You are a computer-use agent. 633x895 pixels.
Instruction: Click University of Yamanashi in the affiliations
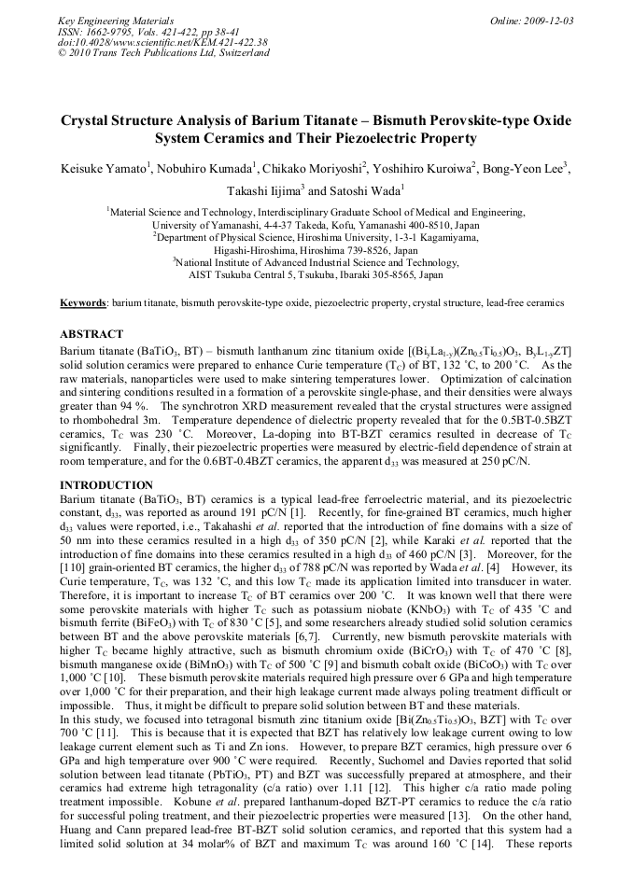click(204, 226)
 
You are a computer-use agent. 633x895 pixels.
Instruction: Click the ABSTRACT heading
click(91, 334)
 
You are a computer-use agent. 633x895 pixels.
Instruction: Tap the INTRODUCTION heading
click(105, 486)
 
